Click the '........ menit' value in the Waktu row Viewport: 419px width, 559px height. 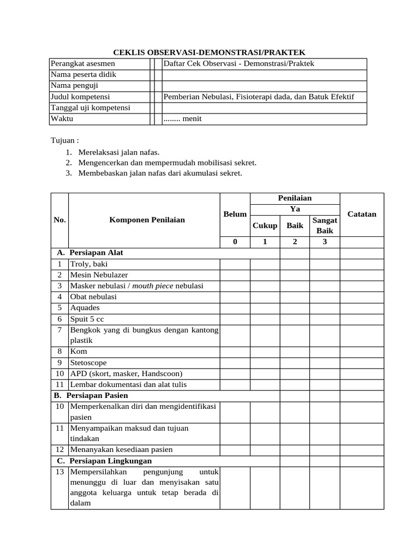click(x=183, y=118)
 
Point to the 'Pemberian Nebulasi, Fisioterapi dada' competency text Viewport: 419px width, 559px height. click(x=259, y=97)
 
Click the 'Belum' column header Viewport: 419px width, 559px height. click(x=235, y=215)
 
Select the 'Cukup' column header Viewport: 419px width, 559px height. click(x=265, y=225)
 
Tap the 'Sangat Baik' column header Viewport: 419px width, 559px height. click(x=325, y=225)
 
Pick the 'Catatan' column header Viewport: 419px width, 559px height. click(x=362, y=215)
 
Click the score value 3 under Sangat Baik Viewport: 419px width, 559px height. click(x=325, y=242)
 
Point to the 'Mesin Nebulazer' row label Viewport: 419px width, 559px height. click(x=99, y=275)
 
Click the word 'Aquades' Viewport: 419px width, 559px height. click(x=85, y=308)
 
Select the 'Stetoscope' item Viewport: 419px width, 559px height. click(x=88, y=362)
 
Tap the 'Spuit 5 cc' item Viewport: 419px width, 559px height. click(x=87, y=319)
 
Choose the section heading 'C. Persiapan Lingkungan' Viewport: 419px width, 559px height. click(x=104, y=461)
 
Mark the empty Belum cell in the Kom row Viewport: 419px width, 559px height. click(x=235, y=352)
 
